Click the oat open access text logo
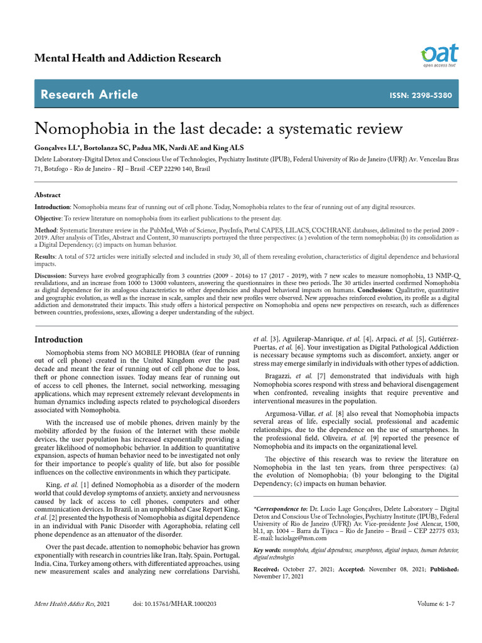click(440, 55)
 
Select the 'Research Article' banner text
click(88, 95)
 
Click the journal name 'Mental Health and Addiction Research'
click(127, 58)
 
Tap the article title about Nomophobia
click(218, 129)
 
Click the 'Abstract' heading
click(47, 195)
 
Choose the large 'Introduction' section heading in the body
click(58, 340)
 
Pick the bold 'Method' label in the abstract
click(46, 230)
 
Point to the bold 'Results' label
click(46, 257)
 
